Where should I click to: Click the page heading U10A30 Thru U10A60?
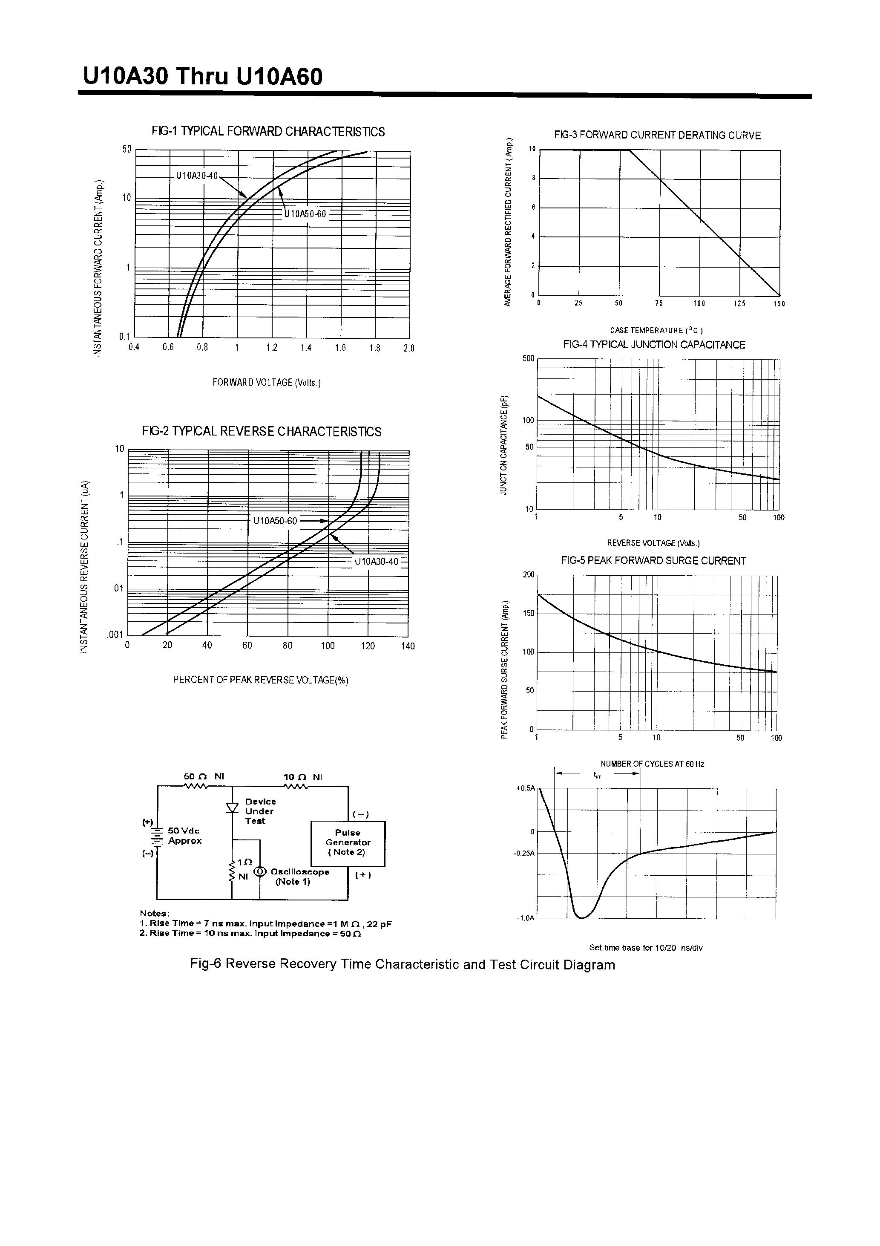[x=203, y=77]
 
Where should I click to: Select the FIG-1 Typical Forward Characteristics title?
[x=268, y=132]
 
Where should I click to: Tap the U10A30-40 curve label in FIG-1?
[x=196, y=176]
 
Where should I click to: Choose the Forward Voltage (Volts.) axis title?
[x=266, y=383]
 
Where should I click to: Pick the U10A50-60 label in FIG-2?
[x=275, y=521]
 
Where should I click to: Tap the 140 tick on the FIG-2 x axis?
[x=408, y=646]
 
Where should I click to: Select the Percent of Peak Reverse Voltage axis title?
[x=260, y=680]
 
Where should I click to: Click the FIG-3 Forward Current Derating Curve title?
[x=657, y=136]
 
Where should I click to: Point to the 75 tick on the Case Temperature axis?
[x=659, y=304]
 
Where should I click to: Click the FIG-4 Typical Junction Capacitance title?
[x=654, y=345]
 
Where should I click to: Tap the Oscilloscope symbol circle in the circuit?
[x=260, y=871]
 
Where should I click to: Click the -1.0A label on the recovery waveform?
[x=526, y=918]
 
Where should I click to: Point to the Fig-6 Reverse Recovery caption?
[x=402, y=964]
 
